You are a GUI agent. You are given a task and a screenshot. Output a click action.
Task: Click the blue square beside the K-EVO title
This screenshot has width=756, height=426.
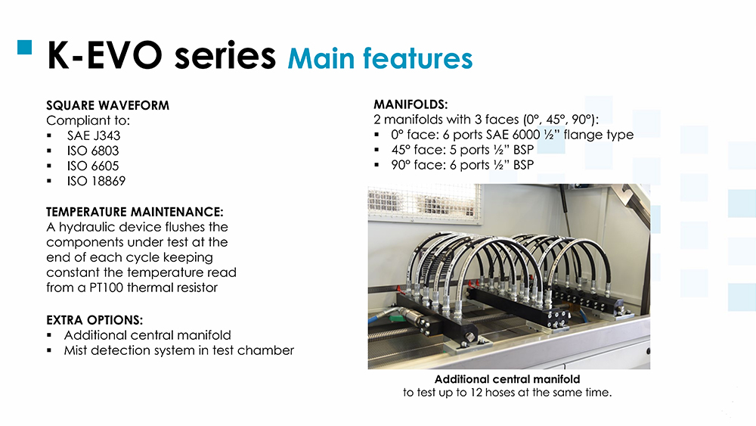[25, 47]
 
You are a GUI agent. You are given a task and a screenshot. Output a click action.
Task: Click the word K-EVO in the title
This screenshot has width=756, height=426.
[104, 56]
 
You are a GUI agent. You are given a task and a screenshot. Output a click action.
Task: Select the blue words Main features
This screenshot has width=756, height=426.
[380, 59]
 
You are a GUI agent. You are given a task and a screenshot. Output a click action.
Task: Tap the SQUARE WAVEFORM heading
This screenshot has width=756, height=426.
[107, 105]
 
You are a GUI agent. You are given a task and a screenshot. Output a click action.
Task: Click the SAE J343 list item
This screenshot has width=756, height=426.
[94, 135]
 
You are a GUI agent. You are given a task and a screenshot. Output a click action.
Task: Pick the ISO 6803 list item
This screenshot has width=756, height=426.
[93, 151]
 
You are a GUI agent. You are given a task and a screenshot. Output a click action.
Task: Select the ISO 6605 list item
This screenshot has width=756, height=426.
[93, 166]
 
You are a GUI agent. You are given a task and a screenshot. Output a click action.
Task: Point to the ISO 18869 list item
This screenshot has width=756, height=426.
[97, 181]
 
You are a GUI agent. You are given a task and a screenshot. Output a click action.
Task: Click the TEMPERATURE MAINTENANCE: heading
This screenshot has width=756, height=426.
[135, 212]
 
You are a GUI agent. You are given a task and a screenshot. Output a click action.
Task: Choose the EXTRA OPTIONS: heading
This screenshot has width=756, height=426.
[94, 320]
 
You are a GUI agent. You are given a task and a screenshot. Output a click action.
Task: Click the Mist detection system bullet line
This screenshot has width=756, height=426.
[179, 351]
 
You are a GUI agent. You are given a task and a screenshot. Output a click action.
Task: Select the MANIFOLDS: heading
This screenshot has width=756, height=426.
[411, 104]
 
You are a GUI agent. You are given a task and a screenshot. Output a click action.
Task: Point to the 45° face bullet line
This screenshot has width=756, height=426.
[463, 150]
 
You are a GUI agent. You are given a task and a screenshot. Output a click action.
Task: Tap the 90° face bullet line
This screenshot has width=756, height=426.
[463, 165]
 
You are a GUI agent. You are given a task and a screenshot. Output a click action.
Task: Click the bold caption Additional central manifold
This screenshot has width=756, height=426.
[507, 379]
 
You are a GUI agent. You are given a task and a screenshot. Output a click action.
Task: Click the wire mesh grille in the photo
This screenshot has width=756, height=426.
[424, 203]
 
